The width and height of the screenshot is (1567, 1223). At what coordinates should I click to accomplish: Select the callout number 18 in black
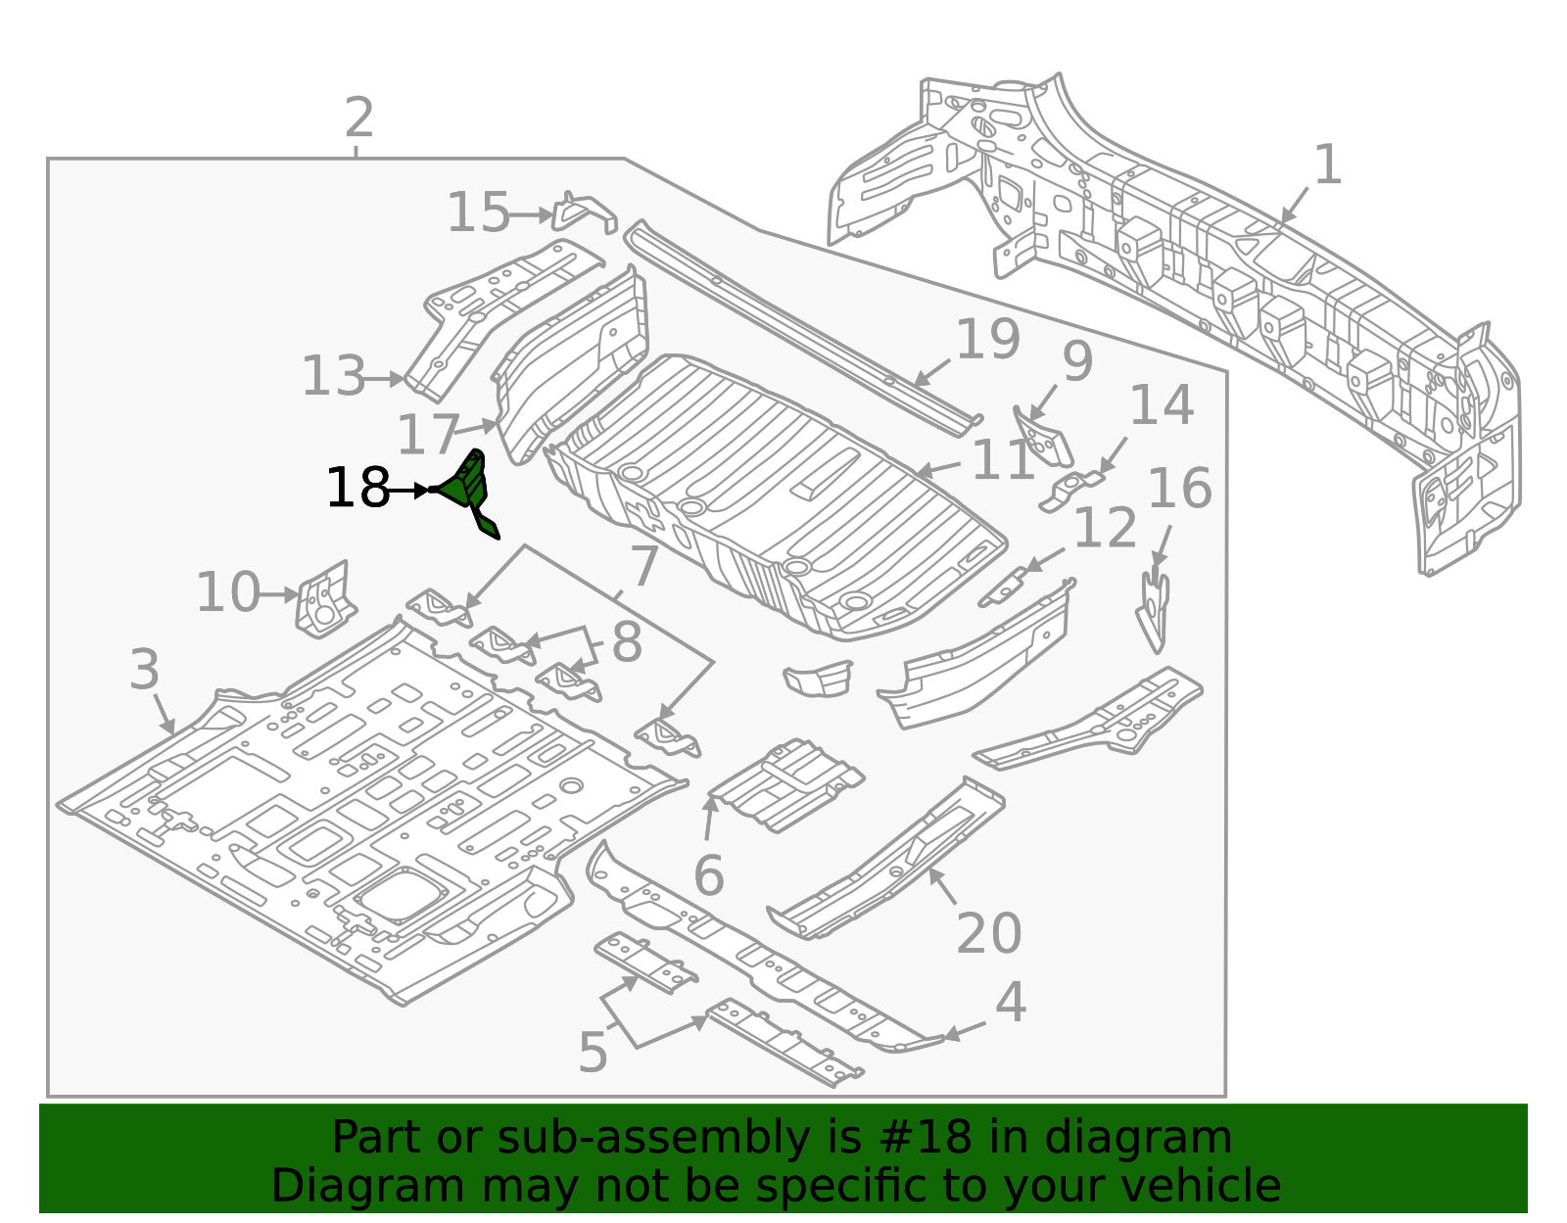click(x=357, y=489)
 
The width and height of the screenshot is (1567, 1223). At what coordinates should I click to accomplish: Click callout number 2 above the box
click(x=358, y=118)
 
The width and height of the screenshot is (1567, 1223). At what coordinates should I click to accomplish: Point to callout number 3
click(x=144, y=671)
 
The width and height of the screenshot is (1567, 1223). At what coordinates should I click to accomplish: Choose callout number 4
click(x=1010, y=1003)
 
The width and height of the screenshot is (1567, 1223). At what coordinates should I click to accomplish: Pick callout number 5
click(x=593, y=1053)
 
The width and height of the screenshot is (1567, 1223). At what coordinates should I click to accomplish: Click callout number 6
click(x=708, y=875)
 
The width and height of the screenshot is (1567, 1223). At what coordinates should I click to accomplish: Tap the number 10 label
click(x=228, y=593)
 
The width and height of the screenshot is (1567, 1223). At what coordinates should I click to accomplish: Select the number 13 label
click(x=333, y=377)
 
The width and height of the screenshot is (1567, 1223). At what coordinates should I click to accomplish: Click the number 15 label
click(x=478, y=212)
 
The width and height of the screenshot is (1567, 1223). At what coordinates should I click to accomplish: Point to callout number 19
click(x=987, y=339)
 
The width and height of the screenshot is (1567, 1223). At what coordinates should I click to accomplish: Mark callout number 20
click(x=988, y=933)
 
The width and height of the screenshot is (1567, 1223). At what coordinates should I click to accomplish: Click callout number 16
click(x=1179, y=489)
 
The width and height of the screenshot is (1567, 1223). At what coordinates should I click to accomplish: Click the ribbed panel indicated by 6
click(x=786, y=784)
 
